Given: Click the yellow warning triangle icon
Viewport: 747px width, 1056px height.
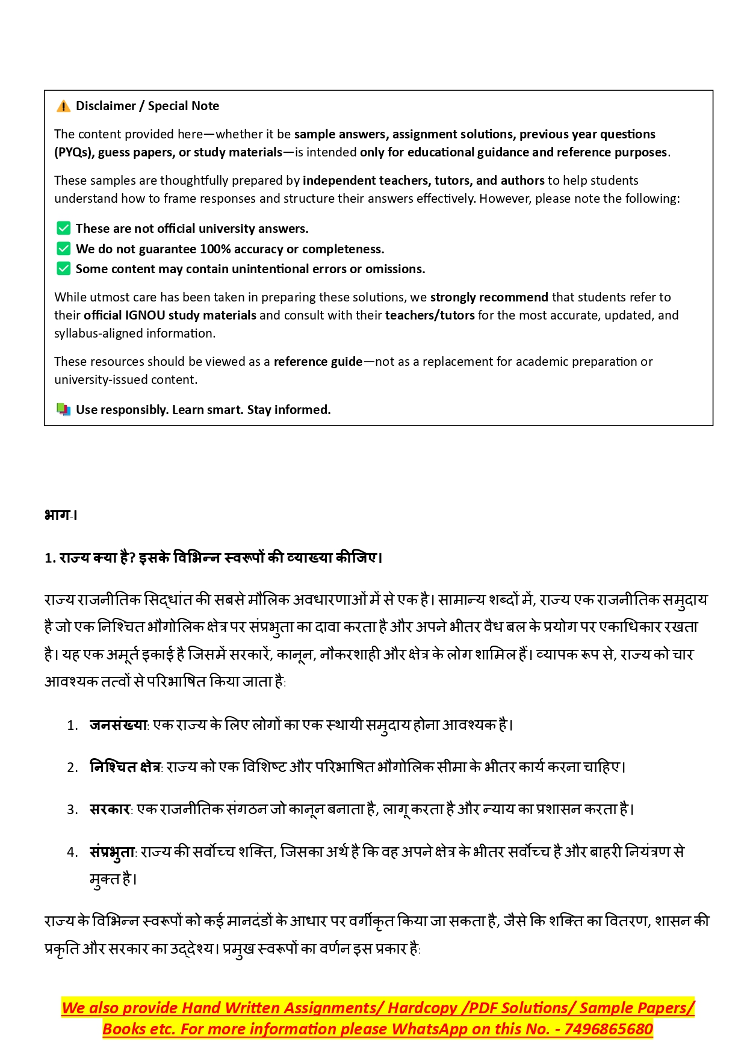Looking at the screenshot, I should [63, 107].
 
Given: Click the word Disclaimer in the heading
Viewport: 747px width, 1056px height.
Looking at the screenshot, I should [106, 106].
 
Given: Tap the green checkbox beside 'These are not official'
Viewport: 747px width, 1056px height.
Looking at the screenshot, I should [63, 228].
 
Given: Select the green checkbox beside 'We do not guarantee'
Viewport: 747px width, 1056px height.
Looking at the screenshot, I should [63, 249].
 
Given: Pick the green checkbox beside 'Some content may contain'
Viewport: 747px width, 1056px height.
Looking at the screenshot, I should [63, 268].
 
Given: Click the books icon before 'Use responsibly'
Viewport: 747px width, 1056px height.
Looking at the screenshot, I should [63, 410].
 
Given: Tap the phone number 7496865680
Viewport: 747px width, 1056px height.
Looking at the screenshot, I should [608, 1029].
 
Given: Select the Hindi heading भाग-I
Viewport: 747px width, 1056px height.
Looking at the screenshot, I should [61, 515].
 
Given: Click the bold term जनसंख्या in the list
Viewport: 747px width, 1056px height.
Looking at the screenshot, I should [118, 725].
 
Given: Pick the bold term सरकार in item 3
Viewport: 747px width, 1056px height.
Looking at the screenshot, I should [110, 809].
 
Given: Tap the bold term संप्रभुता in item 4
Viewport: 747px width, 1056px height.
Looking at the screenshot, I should [112, 852].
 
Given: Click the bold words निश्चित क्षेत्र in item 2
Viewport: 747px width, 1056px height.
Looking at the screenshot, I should [125, 767].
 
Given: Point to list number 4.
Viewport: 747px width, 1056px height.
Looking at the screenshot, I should [72, 853].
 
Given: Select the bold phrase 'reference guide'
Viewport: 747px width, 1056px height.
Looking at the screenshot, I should [318, 362].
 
